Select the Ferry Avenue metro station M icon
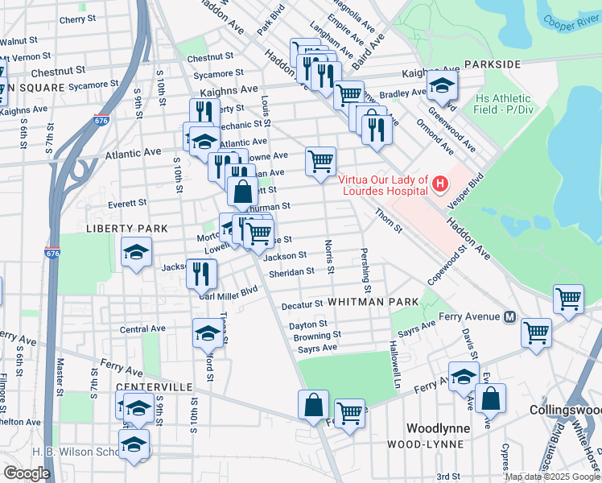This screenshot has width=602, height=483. point(509,317)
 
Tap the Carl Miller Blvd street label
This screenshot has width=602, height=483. point(228,292)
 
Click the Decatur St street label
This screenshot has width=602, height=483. point(302,305)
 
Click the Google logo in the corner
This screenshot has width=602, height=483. point(27,473)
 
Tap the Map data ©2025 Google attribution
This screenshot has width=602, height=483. point(551,477)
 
